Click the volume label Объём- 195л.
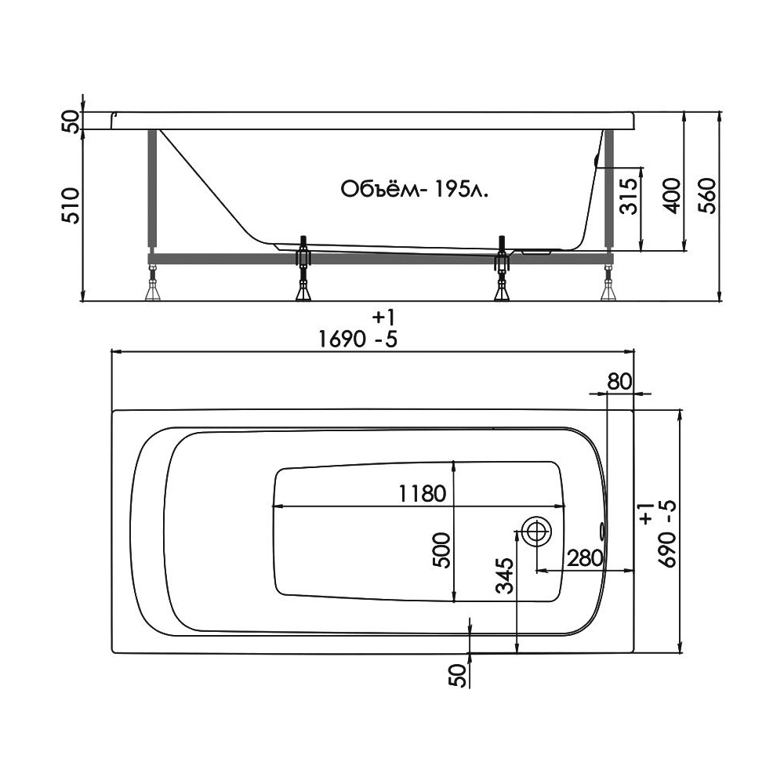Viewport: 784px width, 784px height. [x=414, y=190]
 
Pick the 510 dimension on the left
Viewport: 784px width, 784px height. [x=71, y=205]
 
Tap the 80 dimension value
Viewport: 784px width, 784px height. [x=619, y=382]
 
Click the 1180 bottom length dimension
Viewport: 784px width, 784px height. [x=422, y=495]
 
